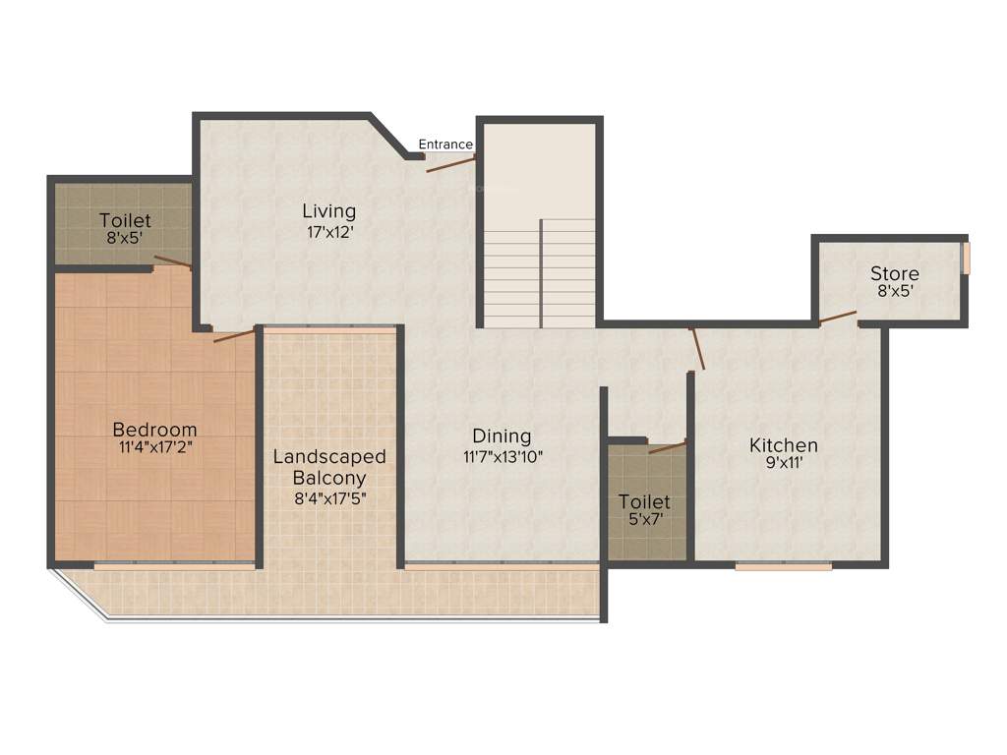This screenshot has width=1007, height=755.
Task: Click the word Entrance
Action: click(445, 145)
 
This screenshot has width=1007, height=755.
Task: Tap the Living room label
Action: click(328, 211)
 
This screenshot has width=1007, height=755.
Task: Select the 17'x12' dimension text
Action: click(328, 233)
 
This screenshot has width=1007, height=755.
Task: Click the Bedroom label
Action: click(154, 430)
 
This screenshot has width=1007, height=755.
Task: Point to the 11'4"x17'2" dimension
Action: click(154, 448)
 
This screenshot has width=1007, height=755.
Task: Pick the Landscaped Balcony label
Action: click(329, 467)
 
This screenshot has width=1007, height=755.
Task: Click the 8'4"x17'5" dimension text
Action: click(329, 498)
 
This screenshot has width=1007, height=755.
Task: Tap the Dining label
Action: click(502, 436)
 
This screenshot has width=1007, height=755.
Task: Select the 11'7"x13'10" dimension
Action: click(503, 456)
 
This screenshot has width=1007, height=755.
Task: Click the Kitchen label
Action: click(784, 445)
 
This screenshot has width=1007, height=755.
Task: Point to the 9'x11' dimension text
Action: click(784, 463)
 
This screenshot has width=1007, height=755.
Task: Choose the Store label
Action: click(895, 273)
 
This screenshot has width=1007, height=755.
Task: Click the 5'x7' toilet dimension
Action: click(644, 521)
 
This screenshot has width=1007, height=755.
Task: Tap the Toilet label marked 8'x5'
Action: click(125, 221)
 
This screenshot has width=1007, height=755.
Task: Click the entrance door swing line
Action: click(451, 163)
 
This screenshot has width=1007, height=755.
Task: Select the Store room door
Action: click(837, 317)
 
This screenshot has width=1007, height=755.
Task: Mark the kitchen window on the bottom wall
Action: click(784, 566)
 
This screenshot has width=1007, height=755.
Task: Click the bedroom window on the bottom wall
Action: click(175, 566)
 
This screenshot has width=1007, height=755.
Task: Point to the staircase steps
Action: click(540, 275)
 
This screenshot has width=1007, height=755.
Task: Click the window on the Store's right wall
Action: click(966, 259)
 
